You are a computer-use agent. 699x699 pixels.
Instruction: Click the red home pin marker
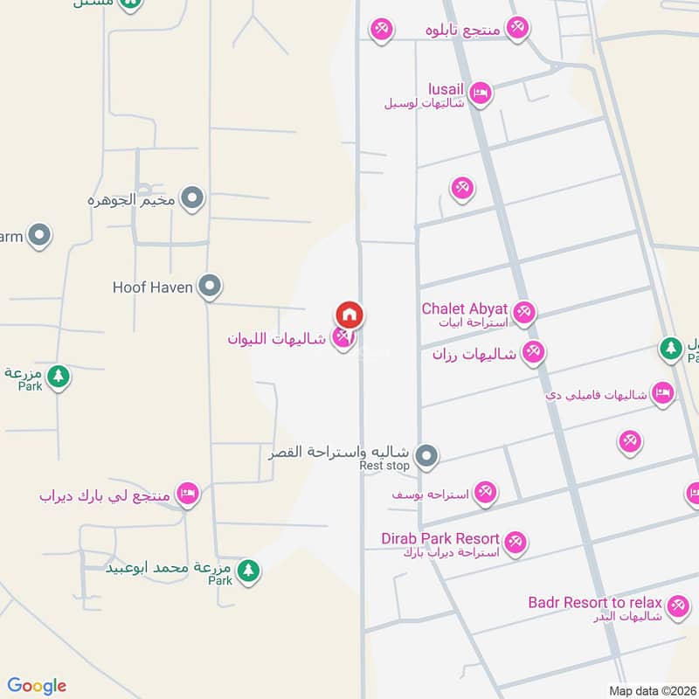(x=349, y=315)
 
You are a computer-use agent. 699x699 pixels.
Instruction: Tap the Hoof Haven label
(x=152, y=287)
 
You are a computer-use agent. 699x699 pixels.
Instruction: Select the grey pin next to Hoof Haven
(x=209, y=286)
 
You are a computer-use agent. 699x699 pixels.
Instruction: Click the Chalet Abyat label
(x=464, y=308)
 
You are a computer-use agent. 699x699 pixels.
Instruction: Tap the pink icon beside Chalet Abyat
(x=523, y=312)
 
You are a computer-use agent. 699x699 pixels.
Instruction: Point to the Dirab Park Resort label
(x=440, y=538)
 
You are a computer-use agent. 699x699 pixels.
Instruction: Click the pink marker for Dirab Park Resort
(x=516, y=543)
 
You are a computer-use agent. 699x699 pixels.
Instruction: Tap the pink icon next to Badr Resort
(x=676, y=606)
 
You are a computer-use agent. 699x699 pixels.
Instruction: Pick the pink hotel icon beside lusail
(x=480, y=93)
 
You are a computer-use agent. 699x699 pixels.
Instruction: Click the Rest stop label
(x=384, y=467)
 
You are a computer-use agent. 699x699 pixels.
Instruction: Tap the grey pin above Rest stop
(x=426, y=455)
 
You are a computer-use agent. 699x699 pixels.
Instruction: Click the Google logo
(x=37, y=686)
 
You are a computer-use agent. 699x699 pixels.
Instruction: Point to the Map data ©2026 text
(x=651, y=690)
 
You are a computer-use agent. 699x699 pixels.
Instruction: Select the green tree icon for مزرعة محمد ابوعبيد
(x=249, y=571)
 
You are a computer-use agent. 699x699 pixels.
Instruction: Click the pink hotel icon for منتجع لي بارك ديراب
(x=187, y=495)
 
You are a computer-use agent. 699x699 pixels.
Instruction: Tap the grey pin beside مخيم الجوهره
(x=193, y=199)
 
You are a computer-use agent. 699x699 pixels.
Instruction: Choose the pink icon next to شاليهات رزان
(x=533, y=353)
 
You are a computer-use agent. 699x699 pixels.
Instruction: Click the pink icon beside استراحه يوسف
(x=487, y=493)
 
